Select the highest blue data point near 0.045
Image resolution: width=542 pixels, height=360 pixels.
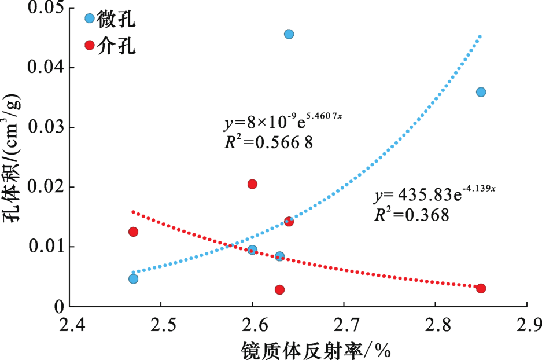(289, 34)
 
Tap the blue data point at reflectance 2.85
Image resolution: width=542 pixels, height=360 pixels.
(481, 92)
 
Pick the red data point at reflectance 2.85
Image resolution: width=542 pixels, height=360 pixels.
(481, 288)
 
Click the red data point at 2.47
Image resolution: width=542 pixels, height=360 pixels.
(133, 232)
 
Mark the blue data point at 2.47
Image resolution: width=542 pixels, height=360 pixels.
(133, 278)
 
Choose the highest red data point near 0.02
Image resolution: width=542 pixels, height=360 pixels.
(252, 184)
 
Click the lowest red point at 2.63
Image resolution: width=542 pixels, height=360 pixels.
(279, 289)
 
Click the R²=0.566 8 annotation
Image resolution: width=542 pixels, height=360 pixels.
(268, 142)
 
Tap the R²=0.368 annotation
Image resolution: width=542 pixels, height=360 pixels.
(411, 215)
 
